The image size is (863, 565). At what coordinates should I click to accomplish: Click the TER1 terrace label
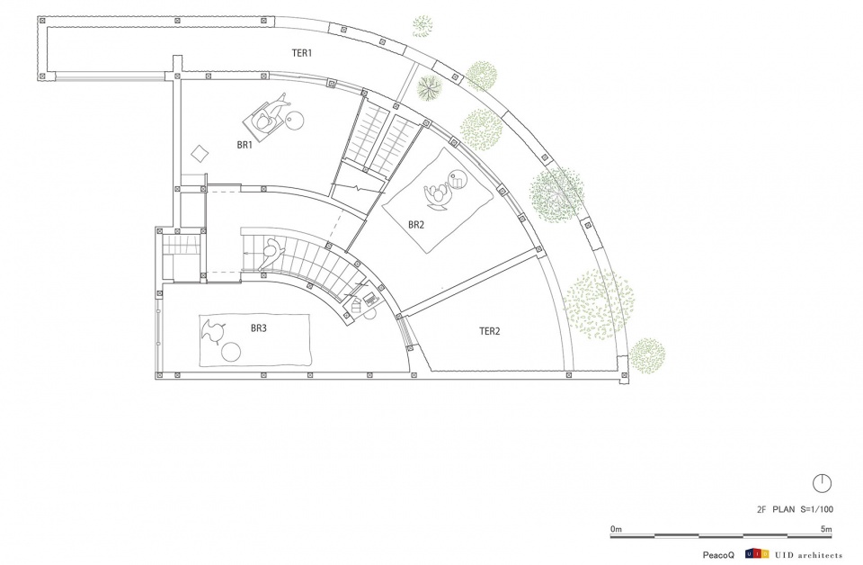click(302, 53)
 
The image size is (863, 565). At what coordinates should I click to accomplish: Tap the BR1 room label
click(245, 146)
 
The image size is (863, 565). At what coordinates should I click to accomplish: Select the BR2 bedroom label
click(416, 225)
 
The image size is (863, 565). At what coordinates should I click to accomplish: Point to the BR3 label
click(259, 328)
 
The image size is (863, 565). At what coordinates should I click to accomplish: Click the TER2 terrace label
click(489, 331)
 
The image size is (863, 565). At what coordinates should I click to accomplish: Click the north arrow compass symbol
click(822, 483)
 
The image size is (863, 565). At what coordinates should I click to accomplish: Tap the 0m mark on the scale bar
click(616, 529)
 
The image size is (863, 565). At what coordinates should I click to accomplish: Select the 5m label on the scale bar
click(826, 529)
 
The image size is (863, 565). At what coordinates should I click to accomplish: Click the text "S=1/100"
click(816, 509)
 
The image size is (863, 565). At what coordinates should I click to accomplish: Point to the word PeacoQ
click(718, 555)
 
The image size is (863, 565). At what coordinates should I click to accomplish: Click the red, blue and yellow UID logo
click(757, 554)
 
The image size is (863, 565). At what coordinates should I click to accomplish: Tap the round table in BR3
click(231, 352)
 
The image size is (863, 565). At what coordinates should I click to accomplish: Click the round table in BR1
click(295, 120)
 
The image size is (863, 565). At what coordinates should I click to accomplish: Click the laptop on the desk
click(371, 299)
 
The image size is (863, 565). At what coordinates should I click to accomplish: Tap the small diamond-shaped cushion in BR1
click(200, 153)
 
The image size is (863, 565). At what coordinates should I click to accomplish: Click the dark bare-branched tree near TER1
click(430, 87)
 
